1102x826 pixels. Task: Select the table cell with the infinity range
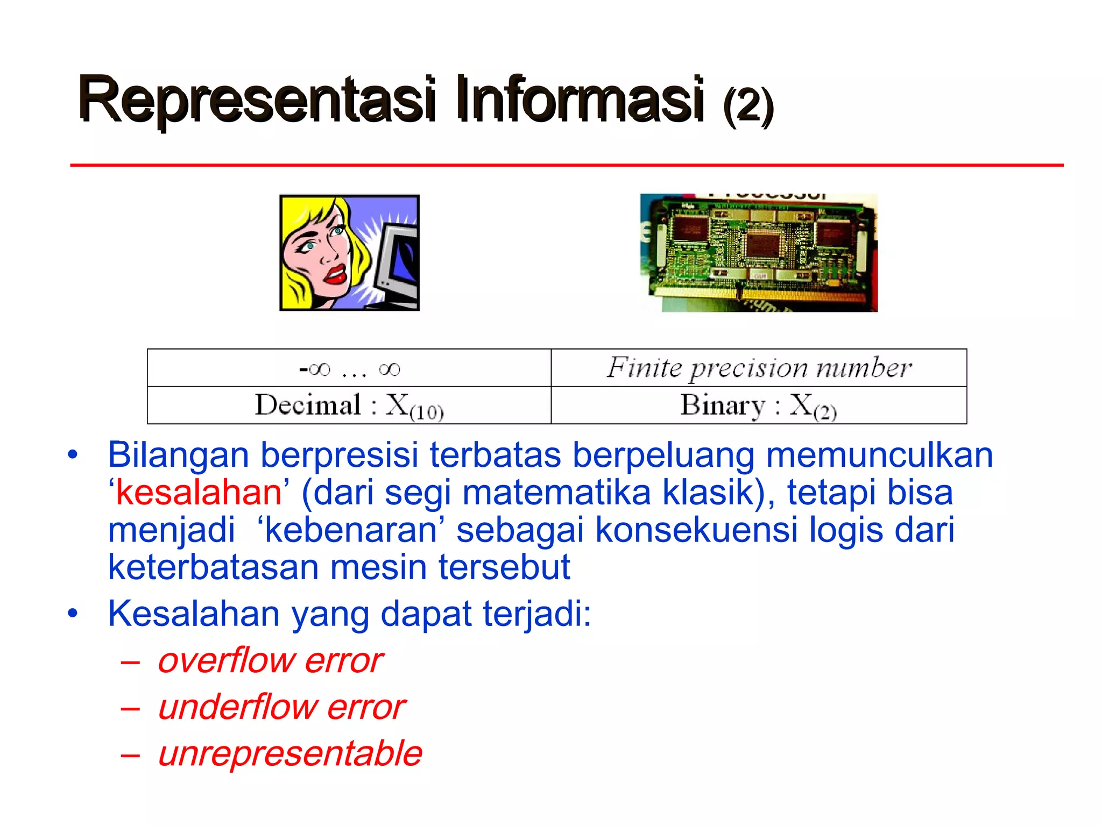tap(349, 368)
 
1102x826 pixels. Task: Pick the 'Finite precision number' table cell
tap(759, 368)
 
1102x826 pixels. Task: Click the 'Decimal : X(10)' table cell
tap(349, 405)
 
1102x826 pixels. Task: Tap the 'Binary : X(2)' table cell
tap(759, 405)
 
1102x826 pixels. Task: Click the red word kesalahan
tap(199, 493)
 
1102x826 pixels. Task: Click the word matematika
tap(556, 493)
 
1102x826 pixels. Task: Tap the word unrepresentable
tap(290, 753)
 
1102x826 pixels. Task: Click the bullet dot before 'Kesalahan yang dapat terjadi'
tap(73, 613)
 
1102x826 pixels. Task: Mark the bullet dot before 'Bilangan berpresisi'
tap(73, 455)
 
